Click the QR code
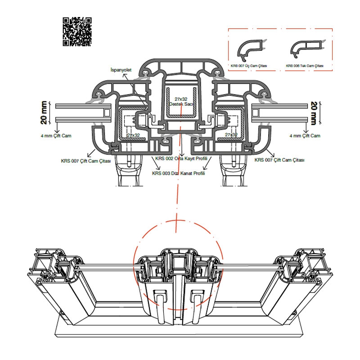77,31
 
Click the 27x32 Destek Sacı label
180,101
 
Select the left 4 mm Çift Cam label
55,135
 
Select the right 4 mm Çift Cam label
305,135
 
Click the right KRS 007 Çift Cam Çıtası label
279,160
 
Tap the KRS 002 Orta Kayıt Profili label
180,158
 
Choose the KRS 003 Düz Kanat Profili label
179,173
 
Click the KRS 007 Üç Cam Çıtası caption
249,66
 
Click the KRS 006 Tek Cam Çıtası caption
305,66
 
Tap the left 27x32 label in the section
133,135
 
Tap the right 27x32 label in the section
231,135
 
